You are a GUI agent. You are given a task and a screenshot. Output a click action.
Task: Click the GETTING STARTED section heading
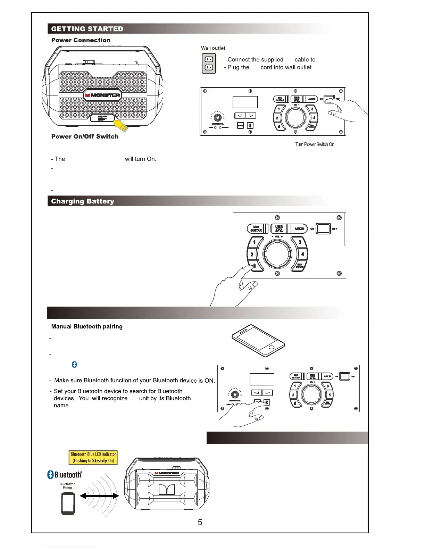(87, 29)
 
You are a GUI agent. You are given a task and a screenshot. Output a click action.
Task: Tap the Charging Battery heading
(83, 201)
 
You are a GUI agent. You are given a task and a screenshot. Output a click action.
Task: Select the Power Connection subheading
(81, 40)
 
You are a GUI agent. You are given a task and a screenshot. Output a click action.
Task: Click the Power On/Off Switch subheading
(85, 136)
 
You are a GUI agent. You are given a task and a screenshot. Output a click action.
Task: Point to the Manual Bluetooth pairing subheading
(87, 326)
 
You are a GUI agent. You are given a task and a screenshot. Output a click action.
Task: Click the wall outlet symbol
(209, 64)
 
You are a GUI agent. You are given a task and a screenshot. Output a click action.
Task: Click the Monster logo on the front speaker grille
(103, 95)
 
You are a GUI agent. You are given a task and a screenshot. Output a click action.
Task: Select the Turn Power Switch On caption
(315, 144)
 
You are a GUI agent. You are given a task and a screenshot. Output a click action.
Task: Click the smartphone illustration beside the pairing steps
(258, 341)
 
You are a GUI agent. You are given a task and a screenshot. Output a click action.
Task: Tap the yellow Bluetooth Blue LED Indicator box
(93, 457)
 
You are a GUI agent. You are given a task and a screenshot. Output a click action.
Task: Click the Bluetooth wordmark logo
(65, 475)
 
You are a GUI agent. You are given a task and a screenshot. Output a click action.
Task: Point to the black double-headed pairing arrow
(99, 496)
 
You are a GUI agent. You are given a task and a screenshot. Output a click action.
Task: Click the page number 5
(200, 522)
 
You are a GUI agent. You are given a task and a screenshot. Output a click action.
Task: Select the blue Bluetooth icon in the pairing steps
(74, 365)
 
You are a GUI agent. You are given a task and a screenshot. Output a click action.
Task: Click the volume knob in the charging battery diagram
(277, 255)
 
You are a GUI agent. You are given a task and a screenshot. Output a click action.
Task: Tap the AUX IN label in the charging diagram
(299, 229)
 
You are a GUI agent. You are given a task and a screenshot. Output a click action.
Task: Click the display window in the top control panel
(245, 102)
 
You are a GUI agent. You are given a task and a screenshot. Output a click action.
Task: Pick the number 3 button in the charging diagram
(300, 242)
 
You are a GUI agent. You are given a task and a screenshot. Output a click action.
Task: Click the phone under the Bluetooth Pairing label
(68, 504)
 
